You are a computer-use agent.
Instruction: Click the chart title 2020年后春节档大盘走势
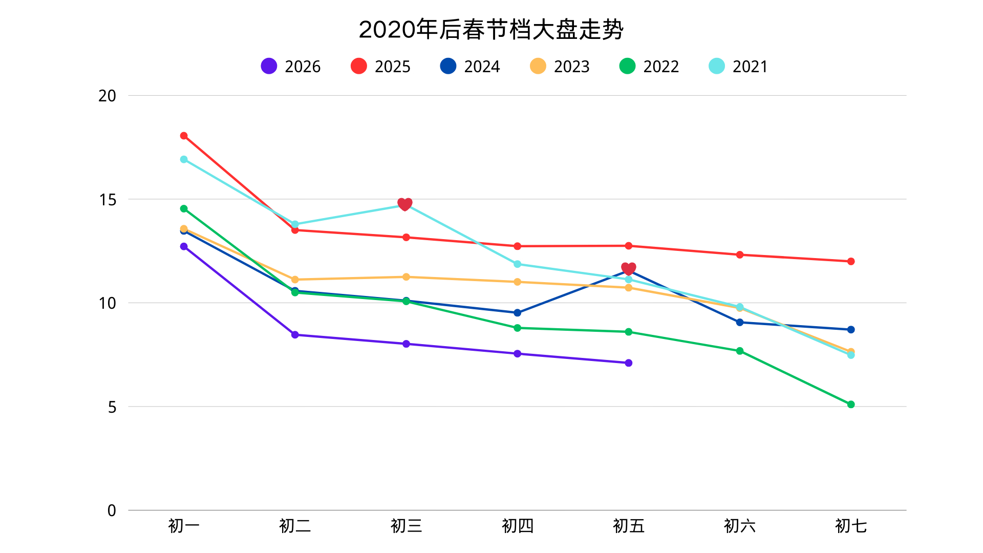[491, 29]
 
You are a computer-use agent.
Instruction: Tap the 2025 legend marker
[358, 66]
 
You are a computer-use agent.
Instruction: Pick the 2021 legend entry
[738, 67]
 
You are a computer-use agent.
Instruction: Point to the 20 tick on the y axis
[107, 96]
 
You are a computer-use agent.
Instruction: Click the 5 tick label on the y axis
[112, 407]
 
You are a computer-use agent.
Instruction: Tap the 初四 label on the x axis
[517, 526]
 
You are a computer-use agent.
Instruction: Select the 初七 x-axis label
[850, 526]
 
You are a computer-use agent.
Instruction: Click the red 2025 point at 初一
[184, 136]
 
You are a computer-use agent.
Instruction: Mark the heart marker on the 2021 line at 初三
[405, 204]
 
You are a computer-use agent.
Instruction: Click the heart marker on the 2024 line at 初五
[629, 269]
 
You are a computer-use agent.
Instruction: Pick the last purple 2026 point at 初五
[629, 363]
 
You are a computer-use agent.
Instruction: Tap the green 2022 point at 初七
[851, 405]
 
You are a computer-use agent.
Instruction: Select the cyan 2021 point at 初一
[184, 160]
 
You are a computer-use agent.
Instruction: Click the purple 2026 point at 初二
[295, 335]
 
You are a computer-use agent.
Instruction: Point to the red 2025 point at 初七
[851, 262]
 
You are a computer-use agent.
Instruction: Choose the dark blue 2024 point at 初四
[517, 313]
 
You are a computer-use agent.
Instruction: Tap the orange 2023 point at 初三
[406, 277]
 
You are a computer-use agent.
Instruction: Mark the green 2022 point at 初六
[740, 351]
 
